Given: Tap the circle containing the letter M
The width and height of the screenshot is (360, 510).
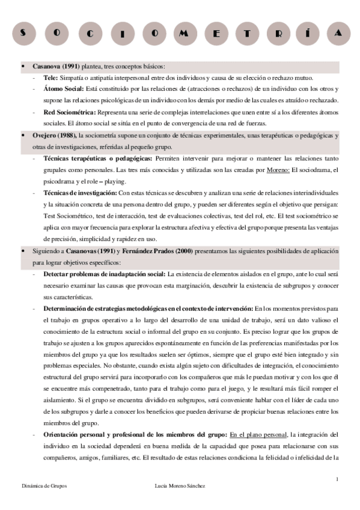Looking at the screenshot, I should pyautogui.click(x=182, y=33).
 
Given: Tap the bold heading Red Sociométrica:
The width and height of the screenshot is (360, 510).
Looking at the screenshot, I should pyautogui.click(x=69, y=113).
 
